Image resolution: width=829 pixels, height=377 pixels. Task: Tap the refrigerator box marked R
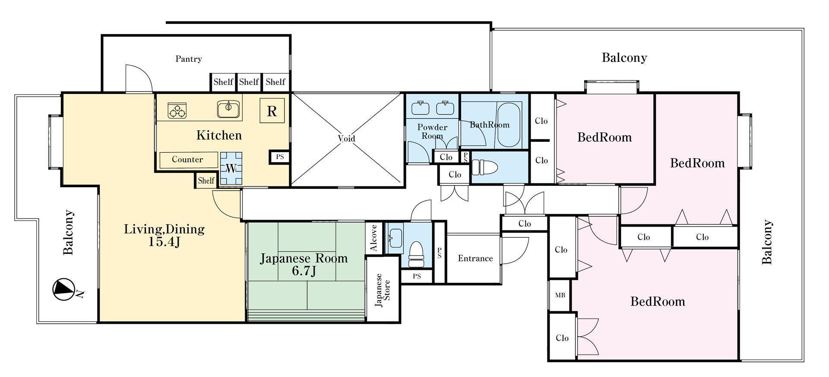272,111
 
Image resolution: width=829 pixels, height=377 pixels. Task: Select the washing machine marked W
231,168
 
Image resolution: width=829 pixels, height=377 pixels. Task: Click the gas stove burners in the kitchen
177,110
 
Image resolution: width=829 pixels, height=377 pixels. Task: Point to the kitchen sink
229,109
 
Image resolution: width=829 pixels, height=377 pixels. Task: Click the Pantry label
189,59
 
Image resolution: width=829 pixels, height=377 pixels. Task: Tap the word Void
346,138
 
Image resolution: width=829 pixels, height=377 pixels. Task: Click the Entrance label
475,258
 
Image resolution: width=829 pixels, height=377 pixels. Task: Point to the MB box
560,295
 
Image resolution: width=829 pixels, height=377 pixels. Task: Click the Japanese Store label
383,290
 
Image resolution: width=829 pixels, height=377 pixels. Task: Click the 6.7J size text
304,272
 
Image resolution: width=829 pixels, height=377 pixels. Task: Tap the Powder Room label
432,131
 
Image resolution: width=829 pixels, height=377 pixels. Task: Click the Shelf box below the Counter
206,180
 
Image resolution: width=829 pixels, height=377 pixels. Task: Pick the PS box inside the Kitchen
280,157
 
